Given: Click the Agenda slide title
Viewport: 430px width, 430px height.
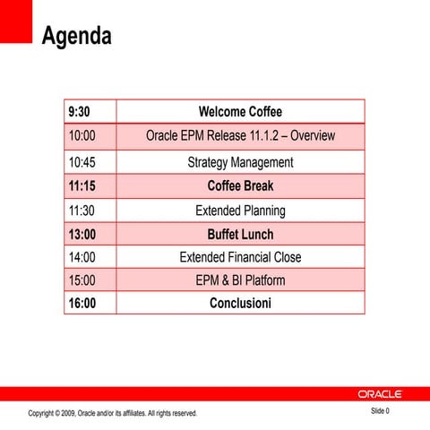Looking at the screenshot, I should (77, 37).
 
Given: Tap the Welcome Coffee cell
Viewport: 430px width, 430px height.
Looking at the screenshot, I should (240, 112).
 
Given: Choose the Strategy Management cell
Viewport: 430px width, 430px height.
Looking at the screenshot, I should (240, 162).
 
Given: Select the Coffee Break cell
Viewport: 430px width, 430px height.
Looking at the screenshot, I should (240, 186).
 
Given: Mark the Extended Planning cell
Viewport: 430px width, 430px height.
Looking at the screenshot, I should (240, 211).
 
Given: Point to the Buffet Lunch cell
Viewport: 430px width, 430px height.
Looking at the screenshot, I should (240, 235).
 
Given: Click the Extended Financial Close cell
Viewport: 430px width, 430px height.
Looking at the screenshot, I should (240, 257).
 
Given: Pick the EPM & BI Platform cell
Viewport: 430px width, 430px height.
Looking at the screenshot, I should (240, 280).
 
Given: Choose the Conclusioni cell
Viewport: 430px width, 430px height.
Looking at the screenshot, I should (240, 304).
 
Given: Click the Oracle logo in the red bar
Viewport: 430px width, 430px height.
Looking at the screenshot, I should (381, 394).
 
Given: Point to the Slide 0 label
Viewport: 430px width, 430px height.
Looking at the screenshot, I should (381, 411).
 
